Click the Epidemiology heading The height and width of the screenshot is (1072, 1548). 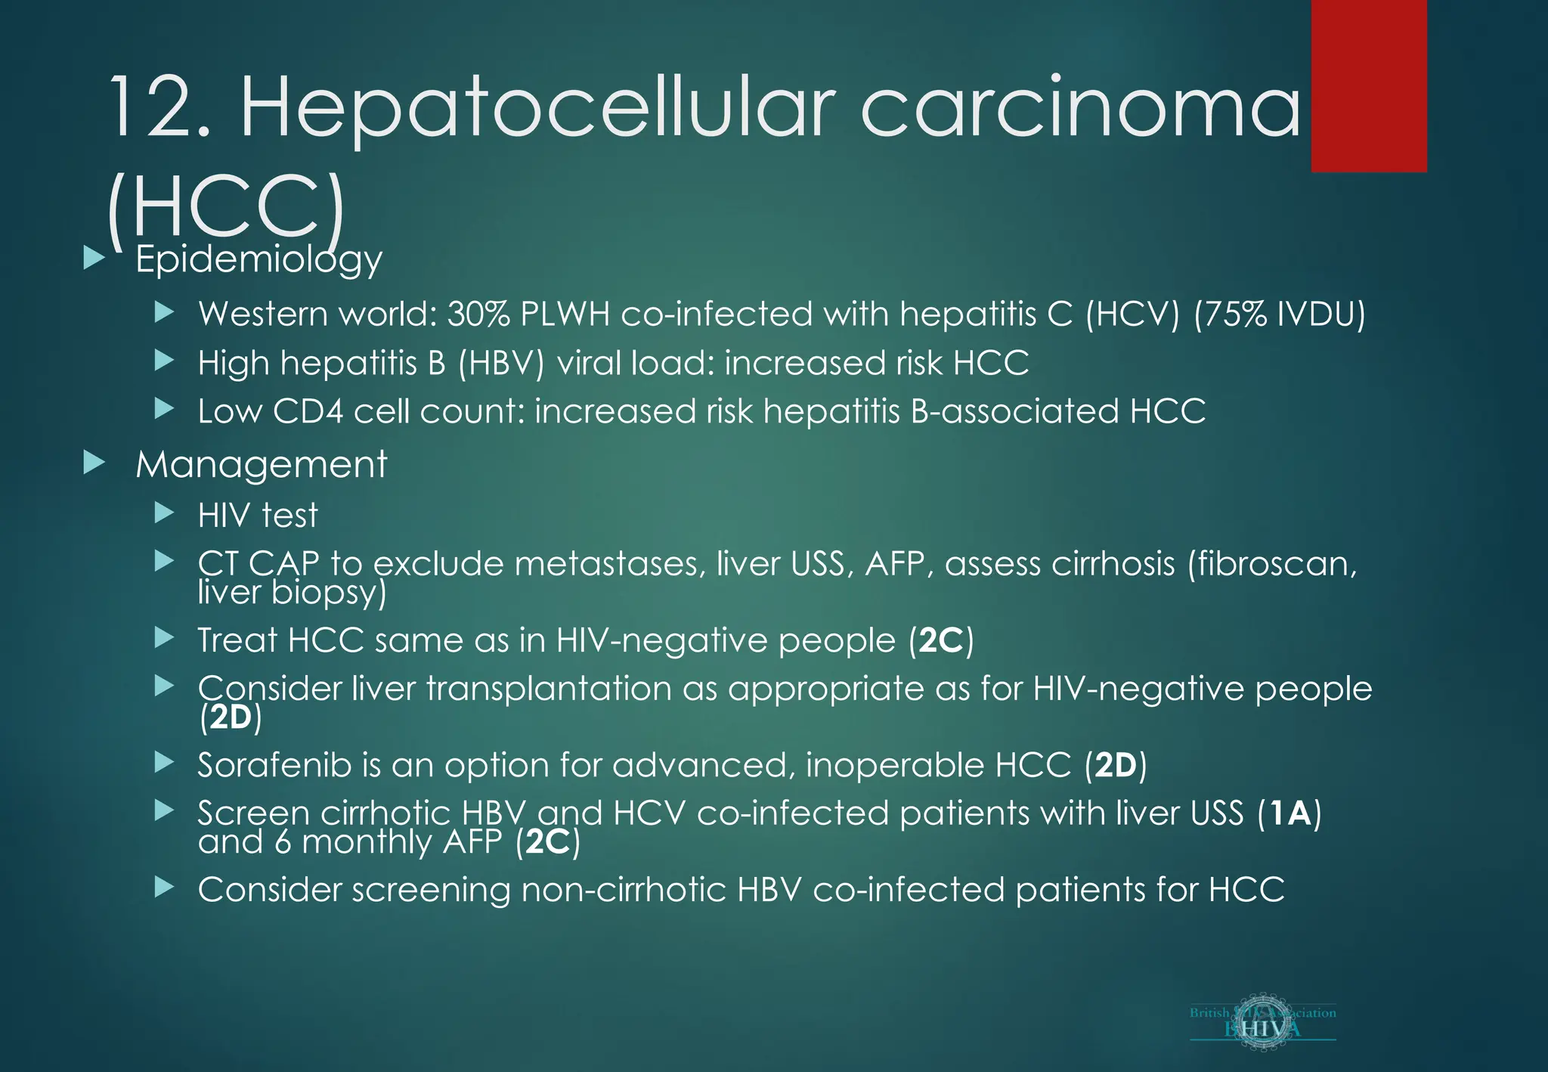point(259,259)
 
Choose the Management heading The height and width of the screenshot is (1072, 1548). point(261,464)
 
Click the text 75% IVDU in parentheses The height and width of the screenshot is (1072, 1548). point(1280,314)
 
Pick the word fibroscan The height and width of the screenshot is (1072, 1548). point(1271,564)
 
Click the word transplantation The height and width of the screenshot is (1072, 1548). point(548,689)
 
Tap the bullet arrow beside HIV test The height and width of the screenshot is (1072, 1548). point(164,514)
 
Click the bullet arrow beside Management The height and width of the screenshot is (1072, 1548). point(94,463)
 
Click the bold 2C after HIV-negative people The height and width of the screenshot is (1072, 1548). point(940,641)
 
